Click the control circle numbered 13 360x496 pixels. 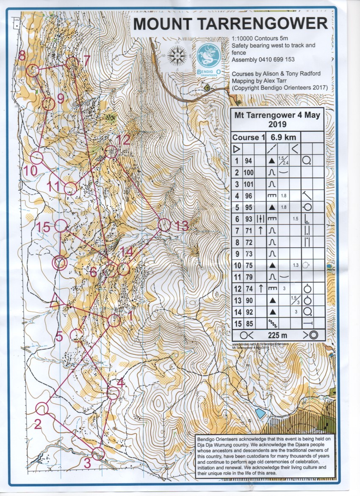(164, 225)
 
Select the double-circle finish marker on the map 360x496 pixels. (60, 263)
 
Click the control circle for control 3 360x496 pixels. (98, 453)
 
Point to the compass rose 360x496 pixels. (177, 55)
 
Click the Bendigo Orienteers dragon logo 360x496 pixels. (209, 56)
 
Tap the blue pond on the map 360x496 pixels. (260, 412)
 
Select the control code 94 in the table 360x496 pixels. (248, 161)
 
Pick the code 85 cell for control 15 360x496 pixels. (248, 322)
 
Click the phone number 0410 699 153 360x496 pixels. (275, 59)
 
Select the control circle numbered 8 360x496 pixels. (33, 70)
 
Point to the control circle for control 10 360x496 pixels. (38, 158)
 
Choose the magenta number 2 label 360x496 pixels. (37, 424)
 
